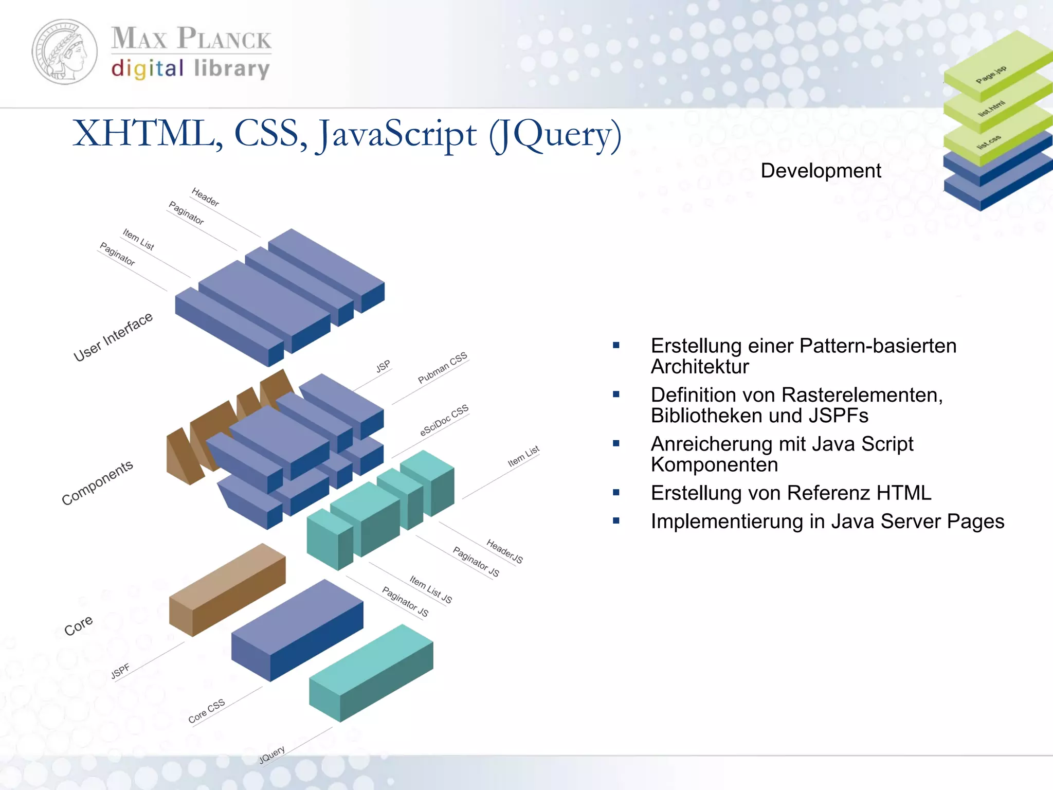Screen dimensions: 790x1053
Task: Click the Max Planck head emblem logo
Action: [x=65, y=52]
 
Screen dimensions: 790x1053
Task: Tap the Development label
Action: [x=821, y=171]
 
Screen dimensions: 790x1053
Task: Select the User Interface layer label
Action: [x=113, y=337]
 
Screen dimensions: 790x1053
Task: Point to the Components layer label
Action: [x=97, y=482]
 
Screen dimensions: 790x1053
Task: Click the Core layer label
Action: [x=79, y=625]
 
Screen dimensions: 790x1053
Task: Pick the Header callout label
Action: [x=205, y=197]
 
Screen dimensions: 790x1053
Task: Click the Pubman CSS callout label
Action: [x=442, y=368]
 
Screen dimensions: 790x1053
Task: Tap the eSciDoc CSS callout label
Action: [x=444, y=420]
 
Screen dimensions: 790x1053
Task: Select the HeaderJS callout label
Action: [x=504, y=551]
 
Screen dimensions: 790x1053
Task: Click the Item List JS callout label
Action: [x=431, y=589]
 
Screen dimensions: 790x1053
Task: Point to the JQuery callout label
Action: [x=272, y=755]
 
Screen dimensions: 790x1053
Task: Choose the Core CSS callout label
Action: [x=207, y=711]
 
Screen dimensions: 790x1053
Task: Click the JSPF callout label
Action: [x=120, y=671]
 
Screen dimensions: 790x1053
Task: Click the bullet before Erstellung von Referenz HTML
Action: [x=616, y=493]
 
